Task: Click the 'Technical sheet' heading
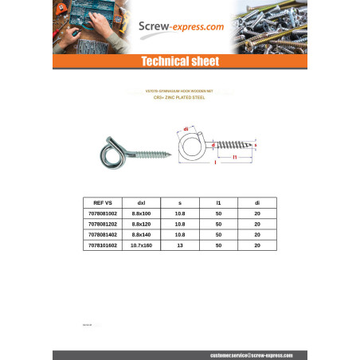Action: (179, 62)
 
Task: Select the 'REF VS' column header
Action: (104, 203)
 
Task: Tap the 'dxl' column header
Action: (141, 203)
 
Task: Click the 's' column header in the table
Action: (179, 203)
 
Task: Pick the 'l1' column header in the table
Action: (218, 203)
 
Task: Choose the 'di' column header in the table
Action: (256, 203)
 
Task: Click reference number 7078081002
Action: (104, 214)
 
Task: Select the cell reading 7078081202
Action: (104, 225)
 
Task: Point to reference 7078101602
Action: (104, 245)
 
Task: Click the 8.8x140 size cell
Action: (141, 235)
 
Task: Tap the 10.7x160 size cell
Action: (141, 245)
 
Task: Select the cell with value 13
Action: (179, 245)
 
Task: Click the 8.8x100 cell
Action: (141, 214)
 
